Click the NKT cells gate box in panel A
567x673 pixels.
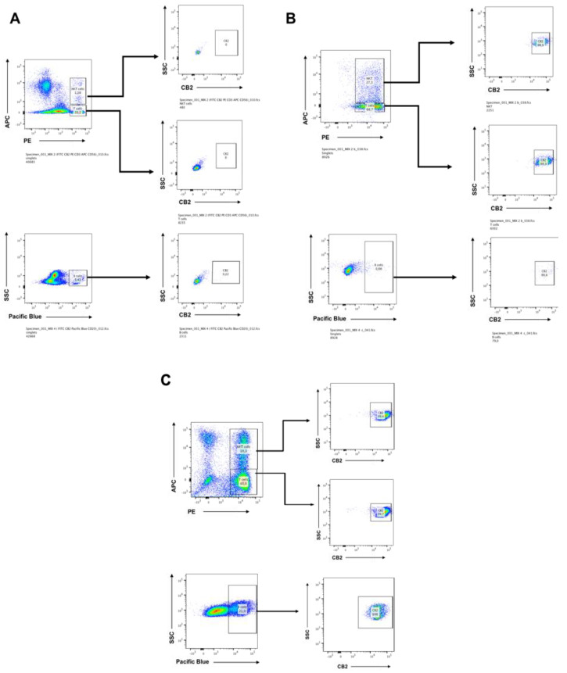pyautogui.click(x=77, y=88)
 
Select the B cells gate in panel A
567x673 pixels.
pyautogui.click(x=78, y=277)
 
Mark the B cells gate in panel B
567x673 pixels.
pyautogui.click(x=378, y=267)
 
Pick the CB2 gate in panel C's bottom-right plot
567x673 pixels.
pyautogui.click(x=375, y=611)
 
